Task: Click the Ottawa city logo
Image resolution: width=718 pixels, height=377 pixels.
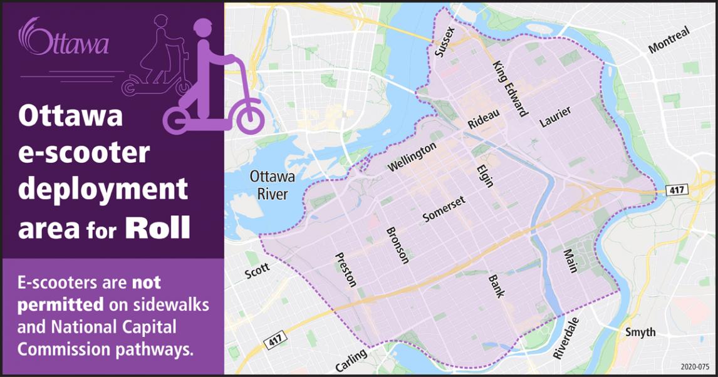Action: click(x=65, y=39)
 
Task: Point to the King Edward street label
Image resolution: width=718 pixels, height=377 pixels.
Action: click(x=509, y=89)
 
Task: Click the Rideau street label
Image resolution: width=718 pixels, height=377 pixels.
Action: click(x=484, y=120)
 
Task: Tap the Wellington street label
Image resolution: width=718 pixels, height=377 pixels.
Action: click(x=412, y=157)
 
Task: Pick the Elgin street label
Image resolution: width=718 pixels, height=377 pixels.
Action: click(x=485, y=176)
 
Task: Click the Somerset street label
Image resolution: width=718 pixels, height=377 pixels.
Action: click(x=444, y=208)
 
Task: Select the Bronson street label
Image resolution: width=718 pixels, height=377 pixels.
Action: click(x=397, y=245)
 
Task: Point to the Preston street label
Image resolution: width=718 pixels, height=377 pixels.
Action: click(x=346, y=269)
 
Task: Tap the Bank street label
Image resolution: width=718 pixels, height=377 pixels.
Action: click(x=496, y=286)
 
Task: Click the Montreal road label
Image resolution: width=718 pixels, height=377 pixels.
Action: click(x=669, y=39)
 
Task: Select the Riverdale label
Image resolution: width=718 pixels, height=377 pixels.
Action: click(x=566, y=338)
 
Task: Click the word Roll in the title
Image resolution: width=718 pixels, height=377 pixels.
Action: click(x=157, y=229)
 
